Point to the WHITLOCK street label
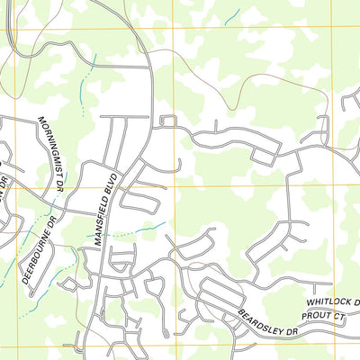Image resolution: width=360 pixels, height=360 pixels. point(329,302)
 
